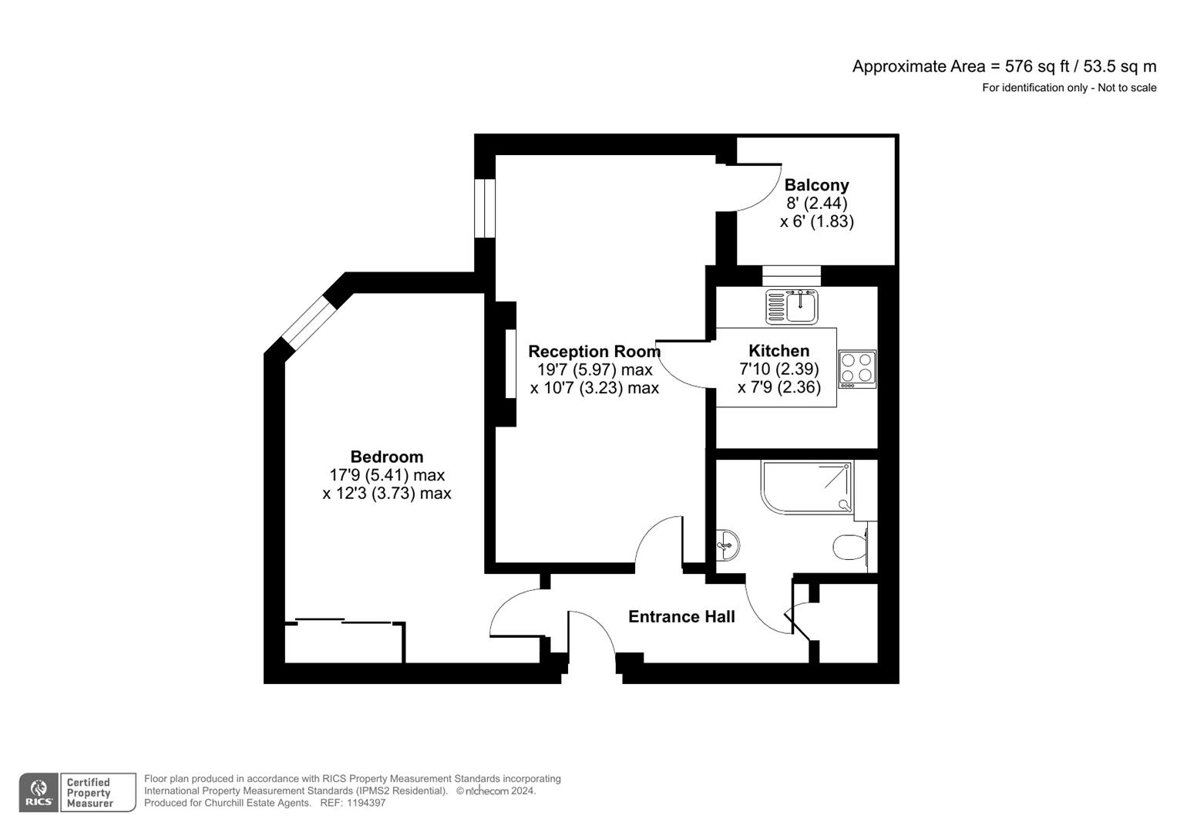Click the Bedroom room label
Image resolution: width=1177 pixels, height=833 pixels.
(386, 457)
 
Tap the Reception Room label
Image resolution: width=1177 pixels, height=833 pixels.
(594, 352)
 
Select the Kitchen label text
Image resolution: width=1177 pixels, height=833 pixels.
(779, 351)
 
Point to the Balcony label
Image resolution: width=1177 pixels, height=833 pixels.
(816, 185)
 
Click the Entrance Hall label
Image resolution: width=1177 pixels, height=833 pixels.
(681, 616)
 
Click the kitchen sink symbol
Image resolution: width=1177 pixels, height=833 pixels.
(792, 306)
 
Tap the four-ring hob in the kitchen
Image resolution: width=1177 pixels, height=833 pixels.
(857, 368)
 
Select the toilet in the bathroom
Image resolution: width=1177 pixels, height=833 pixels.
(849, 547)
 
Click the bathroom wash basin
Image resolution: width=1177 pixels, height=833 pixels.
(727, 545)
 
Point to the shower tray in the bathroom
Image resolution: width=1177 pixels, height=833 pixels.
(807, 487)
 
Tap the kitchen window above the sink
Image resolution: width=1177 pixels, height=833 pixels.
(792, 275)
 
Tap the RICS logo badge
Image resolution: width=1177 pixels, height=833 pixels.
(39, 793)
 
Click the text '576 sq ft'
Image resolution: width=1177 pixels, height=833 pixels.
(1036, 66)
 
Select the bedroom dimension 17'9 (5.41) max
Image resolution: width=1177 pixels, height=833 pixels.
(386, 475)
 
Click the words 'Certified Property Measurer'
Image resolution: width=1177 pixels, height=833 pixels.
(89, 793)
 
